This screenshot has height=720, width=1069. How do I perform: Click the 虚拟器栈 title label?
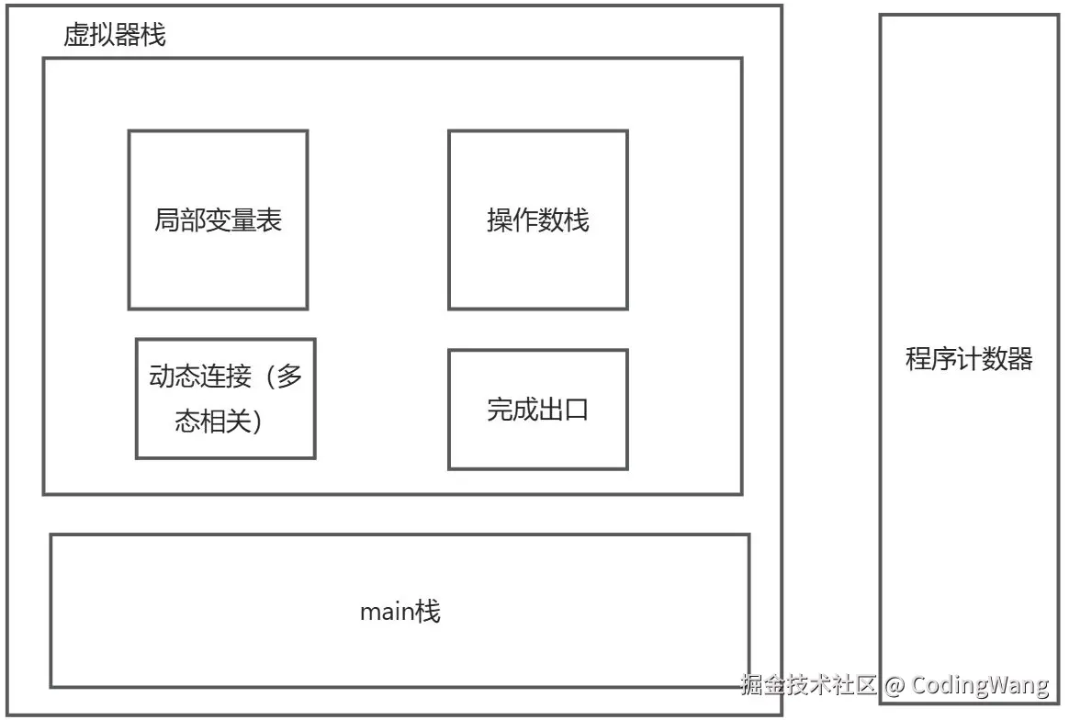tap(114, 36)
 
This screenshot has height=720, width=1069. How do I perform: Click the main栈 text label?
tap(399, 612)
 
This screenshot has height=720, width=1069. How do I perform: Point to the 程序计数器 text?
tap(969, 358)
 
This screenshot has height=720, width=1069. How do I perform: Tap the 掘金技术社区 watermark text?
tap(809, 685)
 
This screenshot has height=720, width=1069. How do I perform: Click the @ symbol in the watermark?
tap(895, 685)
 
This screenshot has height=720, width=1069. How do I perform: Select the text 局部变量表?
tap(218, 220)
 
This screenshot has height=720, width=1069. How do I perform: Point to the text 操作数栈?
tap(537, 220)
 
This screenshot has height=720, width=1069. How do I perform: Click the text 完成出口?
tap(537, 410)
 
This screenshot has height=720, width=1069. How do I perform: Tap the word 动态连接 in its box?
tap(199, 377)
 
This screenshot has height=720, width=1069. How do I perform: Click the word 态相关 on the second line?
tap(213, 422)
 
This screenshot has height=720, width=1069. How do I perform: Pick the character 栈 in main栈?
tap(429, 612)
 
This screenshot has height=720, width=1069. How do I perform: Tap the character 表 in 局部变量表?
tap(269, 220)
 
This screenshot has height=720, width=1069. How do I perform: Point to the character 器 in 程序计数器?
tap(1020, 358)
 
